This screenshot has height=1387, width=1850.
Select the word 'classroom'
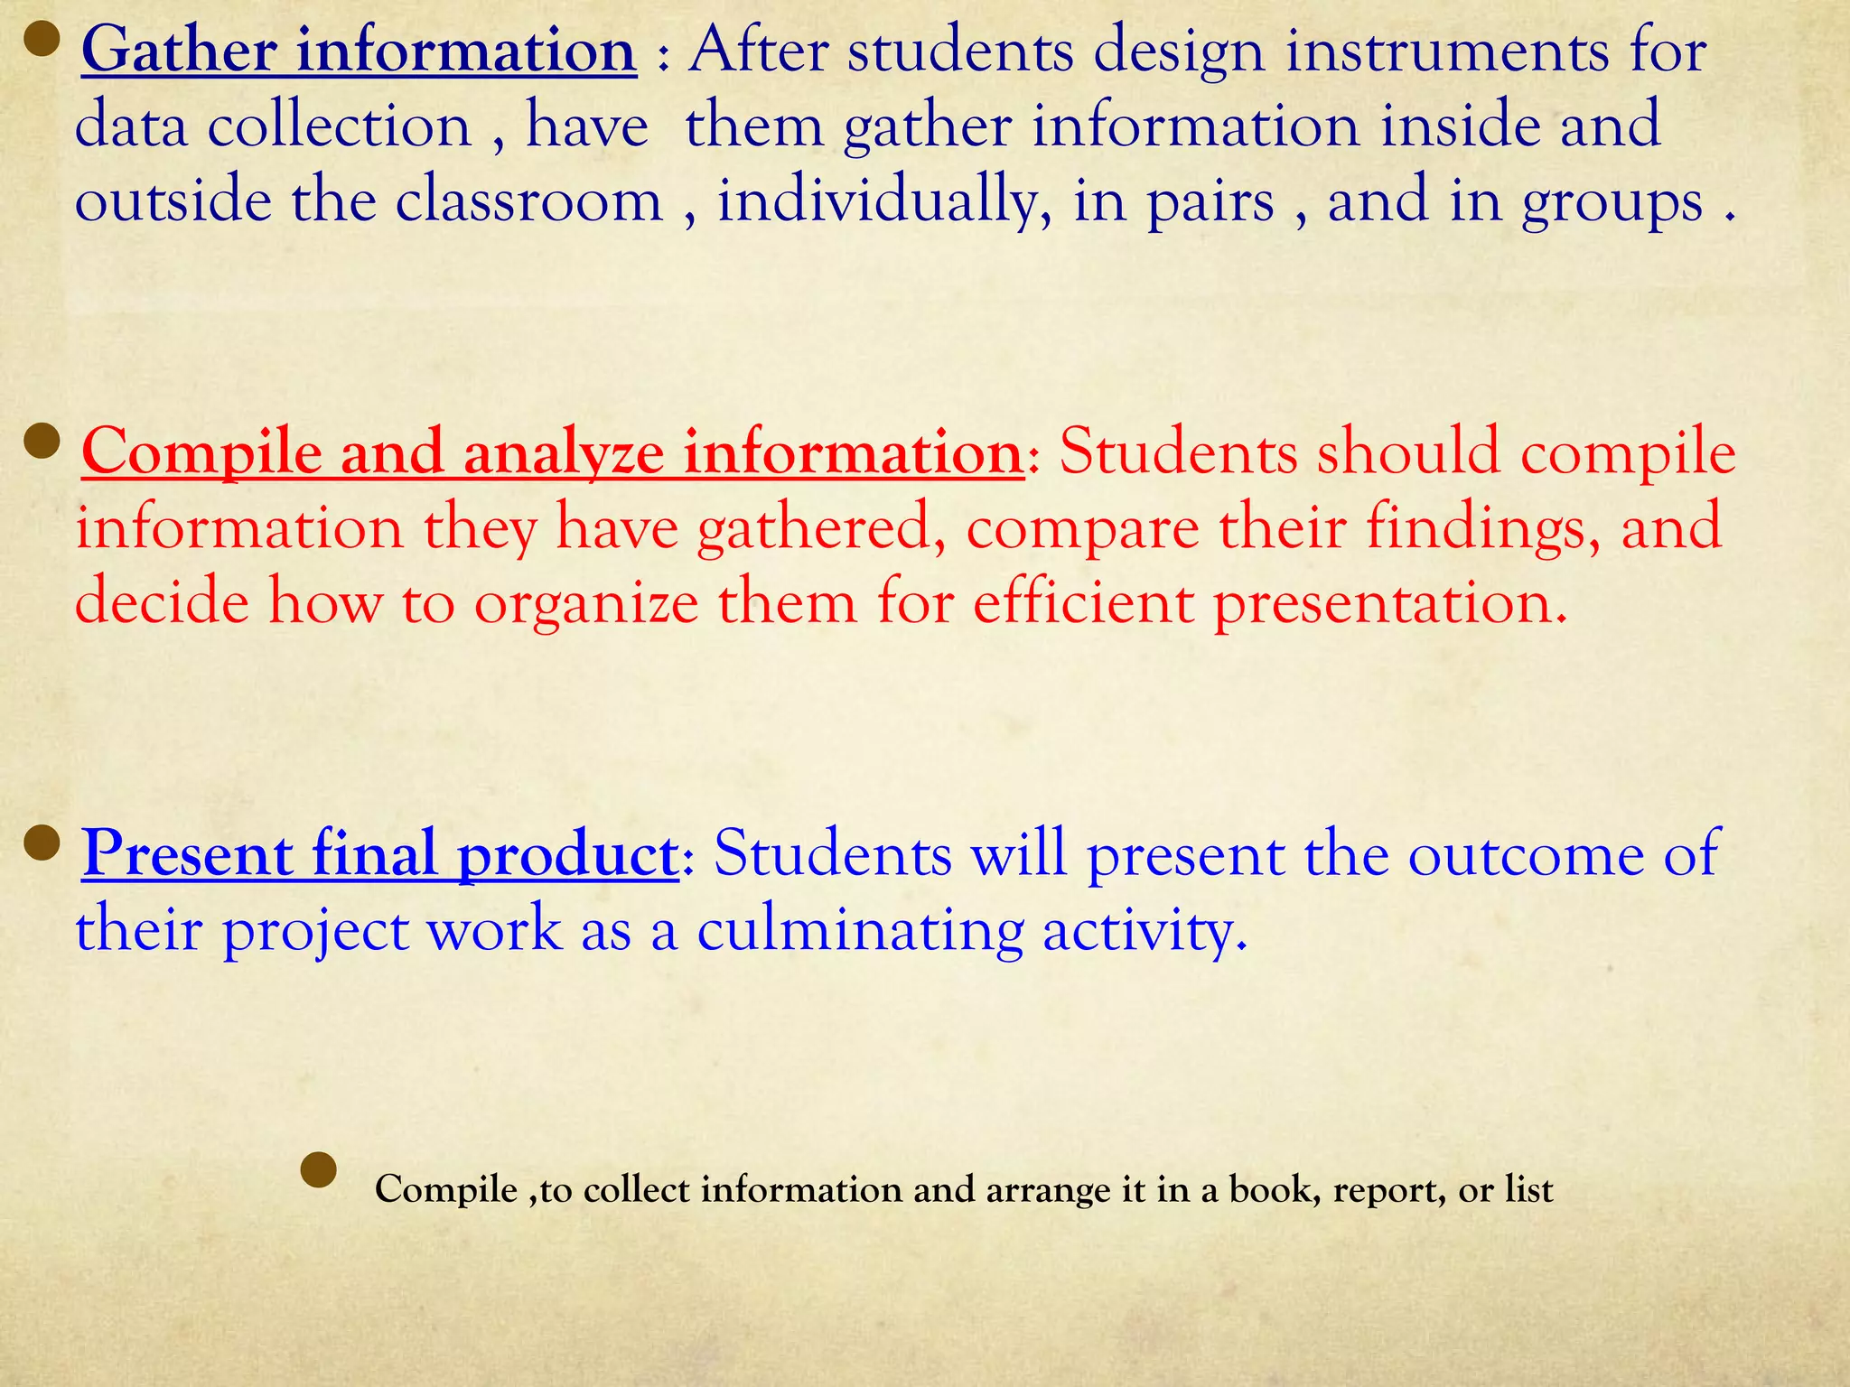tap(528, 200)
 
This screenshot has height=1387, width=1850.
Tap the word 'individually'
tap(884, 202)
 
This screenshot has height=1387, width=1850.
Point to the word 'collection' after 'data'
tap(340, 126)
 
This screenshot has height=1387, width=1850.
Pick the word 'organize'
tap(586, 604)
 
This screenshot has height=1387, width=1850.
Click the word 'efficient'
tap(1083, 602)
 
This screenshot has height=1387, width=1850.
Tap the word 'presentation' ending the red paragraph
tap(1387, 604)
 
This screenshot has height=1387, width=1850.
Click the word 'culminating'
tap(860, 930)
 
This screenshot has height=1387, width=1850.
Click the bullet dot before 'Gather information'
tap(41, 40)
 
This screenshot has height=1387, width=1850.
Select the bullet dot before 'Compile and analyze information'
tap(41, 442)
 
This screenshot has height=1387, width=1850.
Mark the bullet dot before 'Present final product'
tap(41, 843)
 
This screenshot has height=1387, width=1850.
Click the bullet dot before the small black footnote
tap(318, 1170)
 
